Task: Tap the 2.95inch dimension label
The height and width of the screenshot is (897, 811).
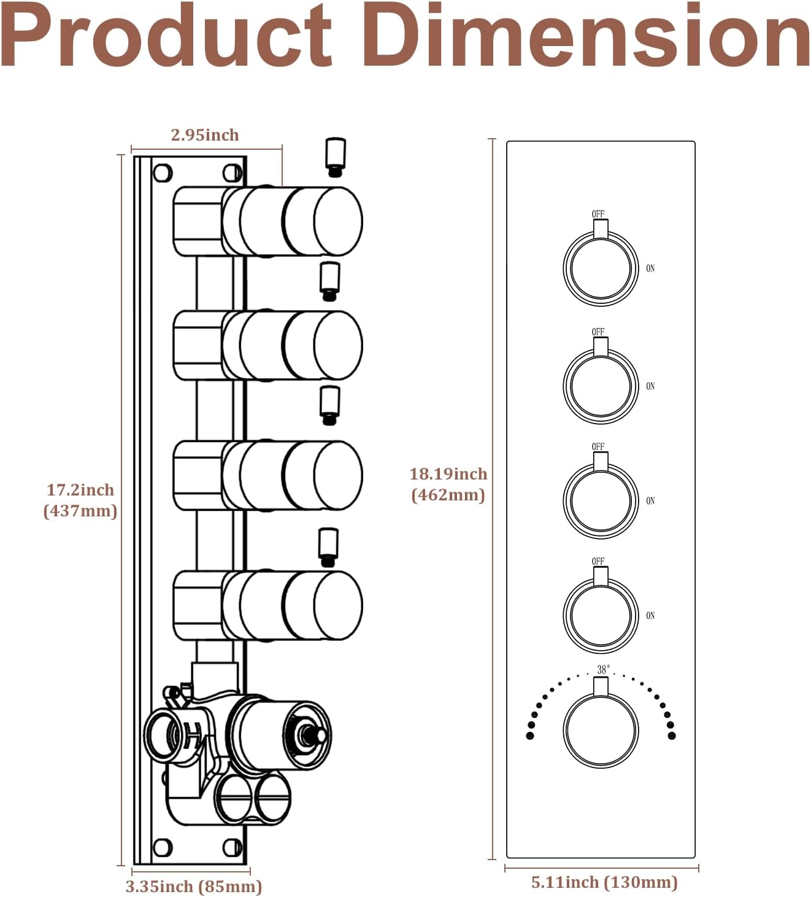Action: pyautogui.click(x=205, y=135)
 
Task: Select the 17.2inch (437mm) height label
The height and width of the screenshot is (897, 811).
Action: pyautogui.click(x=80, y=500)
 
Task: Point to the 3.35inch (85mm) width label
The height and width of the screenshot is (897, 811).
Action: pyautogui.click(x=194, y=887)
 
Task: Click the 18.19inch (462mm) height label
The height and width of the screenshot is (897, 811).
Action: pyautogui.click(x=448, y=484)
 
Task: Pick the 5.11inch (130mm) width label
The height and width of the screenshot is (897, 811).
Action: pyautogui.click(x=604, y=882)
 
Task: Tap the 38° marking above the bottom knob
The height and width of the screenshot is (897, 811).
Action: pyautogui.click(x=604, y=669)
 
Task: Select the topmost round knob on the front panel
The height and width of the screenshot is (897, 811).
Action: pyautogui.click(x=601, y=268)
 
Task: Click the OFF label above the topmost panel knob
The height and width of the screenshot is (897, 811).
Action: pyautogui.click(x=598, y=214)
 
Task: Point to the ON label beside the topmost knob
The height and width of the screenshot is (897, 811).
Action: pyautogui.click(x=650, y=268)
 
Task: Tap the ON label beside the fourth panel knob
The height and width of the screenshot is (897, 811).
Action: pyautogui.click(x=650, y=615)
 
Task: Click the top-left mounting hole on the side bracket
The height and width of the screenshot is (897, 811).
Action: pyautogui.click(x=163, y=173)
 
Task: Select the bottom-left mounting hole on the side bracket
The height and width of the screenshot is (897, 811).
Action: pyautogui.click(x=163, y=848)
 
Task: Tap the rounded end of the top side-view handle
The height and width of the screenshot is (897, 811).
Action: pyautogui.click(x=338, y=221)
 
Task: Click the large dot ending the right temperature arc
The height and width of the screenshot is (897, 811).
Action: pyautogui.click(x=671, y=735)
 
